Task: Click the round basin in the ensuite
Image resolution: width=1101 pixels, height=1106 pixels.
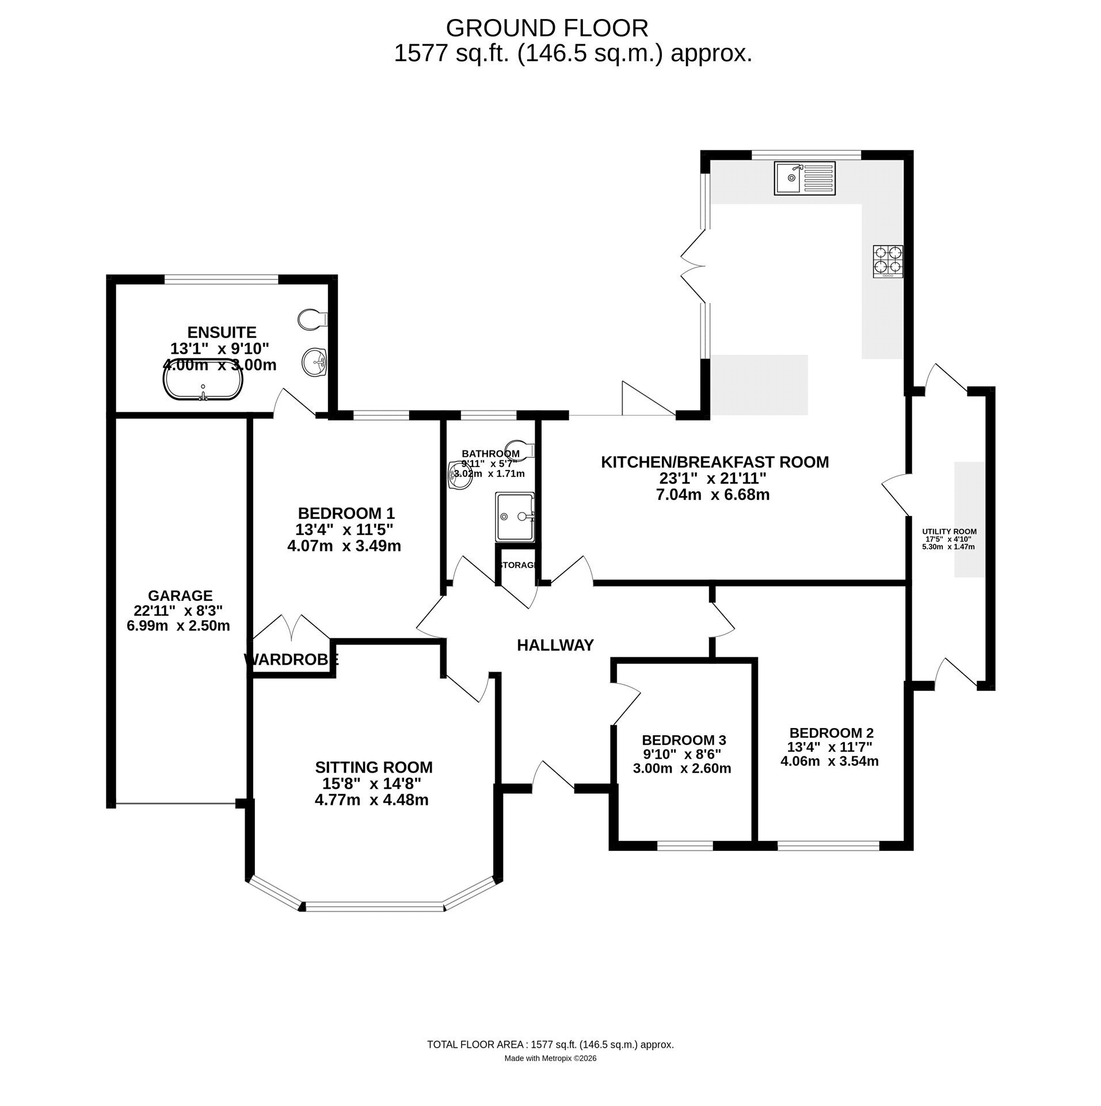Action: pos(315,362)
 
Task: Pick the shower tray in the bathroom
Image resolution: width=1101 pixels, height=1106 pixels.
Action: pos(515,516)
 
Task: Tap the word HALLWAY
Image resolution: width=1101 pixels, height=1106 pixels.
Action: pos(555,645)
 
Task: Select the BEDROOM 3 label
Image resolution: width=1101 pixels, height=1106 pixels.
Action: pos(684,740)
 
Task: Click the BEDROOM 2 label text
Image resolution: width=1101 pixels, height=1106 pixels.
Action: pos(831,733)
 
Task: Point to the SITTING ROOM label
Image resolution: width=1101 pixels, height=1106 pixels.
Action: pos(374,767)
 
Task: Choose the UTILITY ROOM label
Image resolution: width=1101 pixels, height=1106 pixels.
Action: pos(949,532)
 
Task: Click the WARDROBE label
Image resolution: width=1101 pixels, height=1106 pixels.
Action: pos(291,660)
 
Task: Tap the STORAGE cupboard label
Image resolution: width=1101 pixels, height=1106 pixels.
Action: pos(519,565)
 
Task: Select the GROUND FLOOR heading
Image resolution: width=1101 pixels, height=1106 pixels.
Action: pos(547,28)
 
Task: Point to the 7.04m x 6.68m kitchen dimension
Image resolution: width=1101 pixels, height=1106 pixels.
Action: pos(713,494)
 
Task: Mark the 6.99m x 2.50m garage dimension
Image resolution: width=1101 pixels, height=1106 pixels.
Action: pos(178,626)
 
